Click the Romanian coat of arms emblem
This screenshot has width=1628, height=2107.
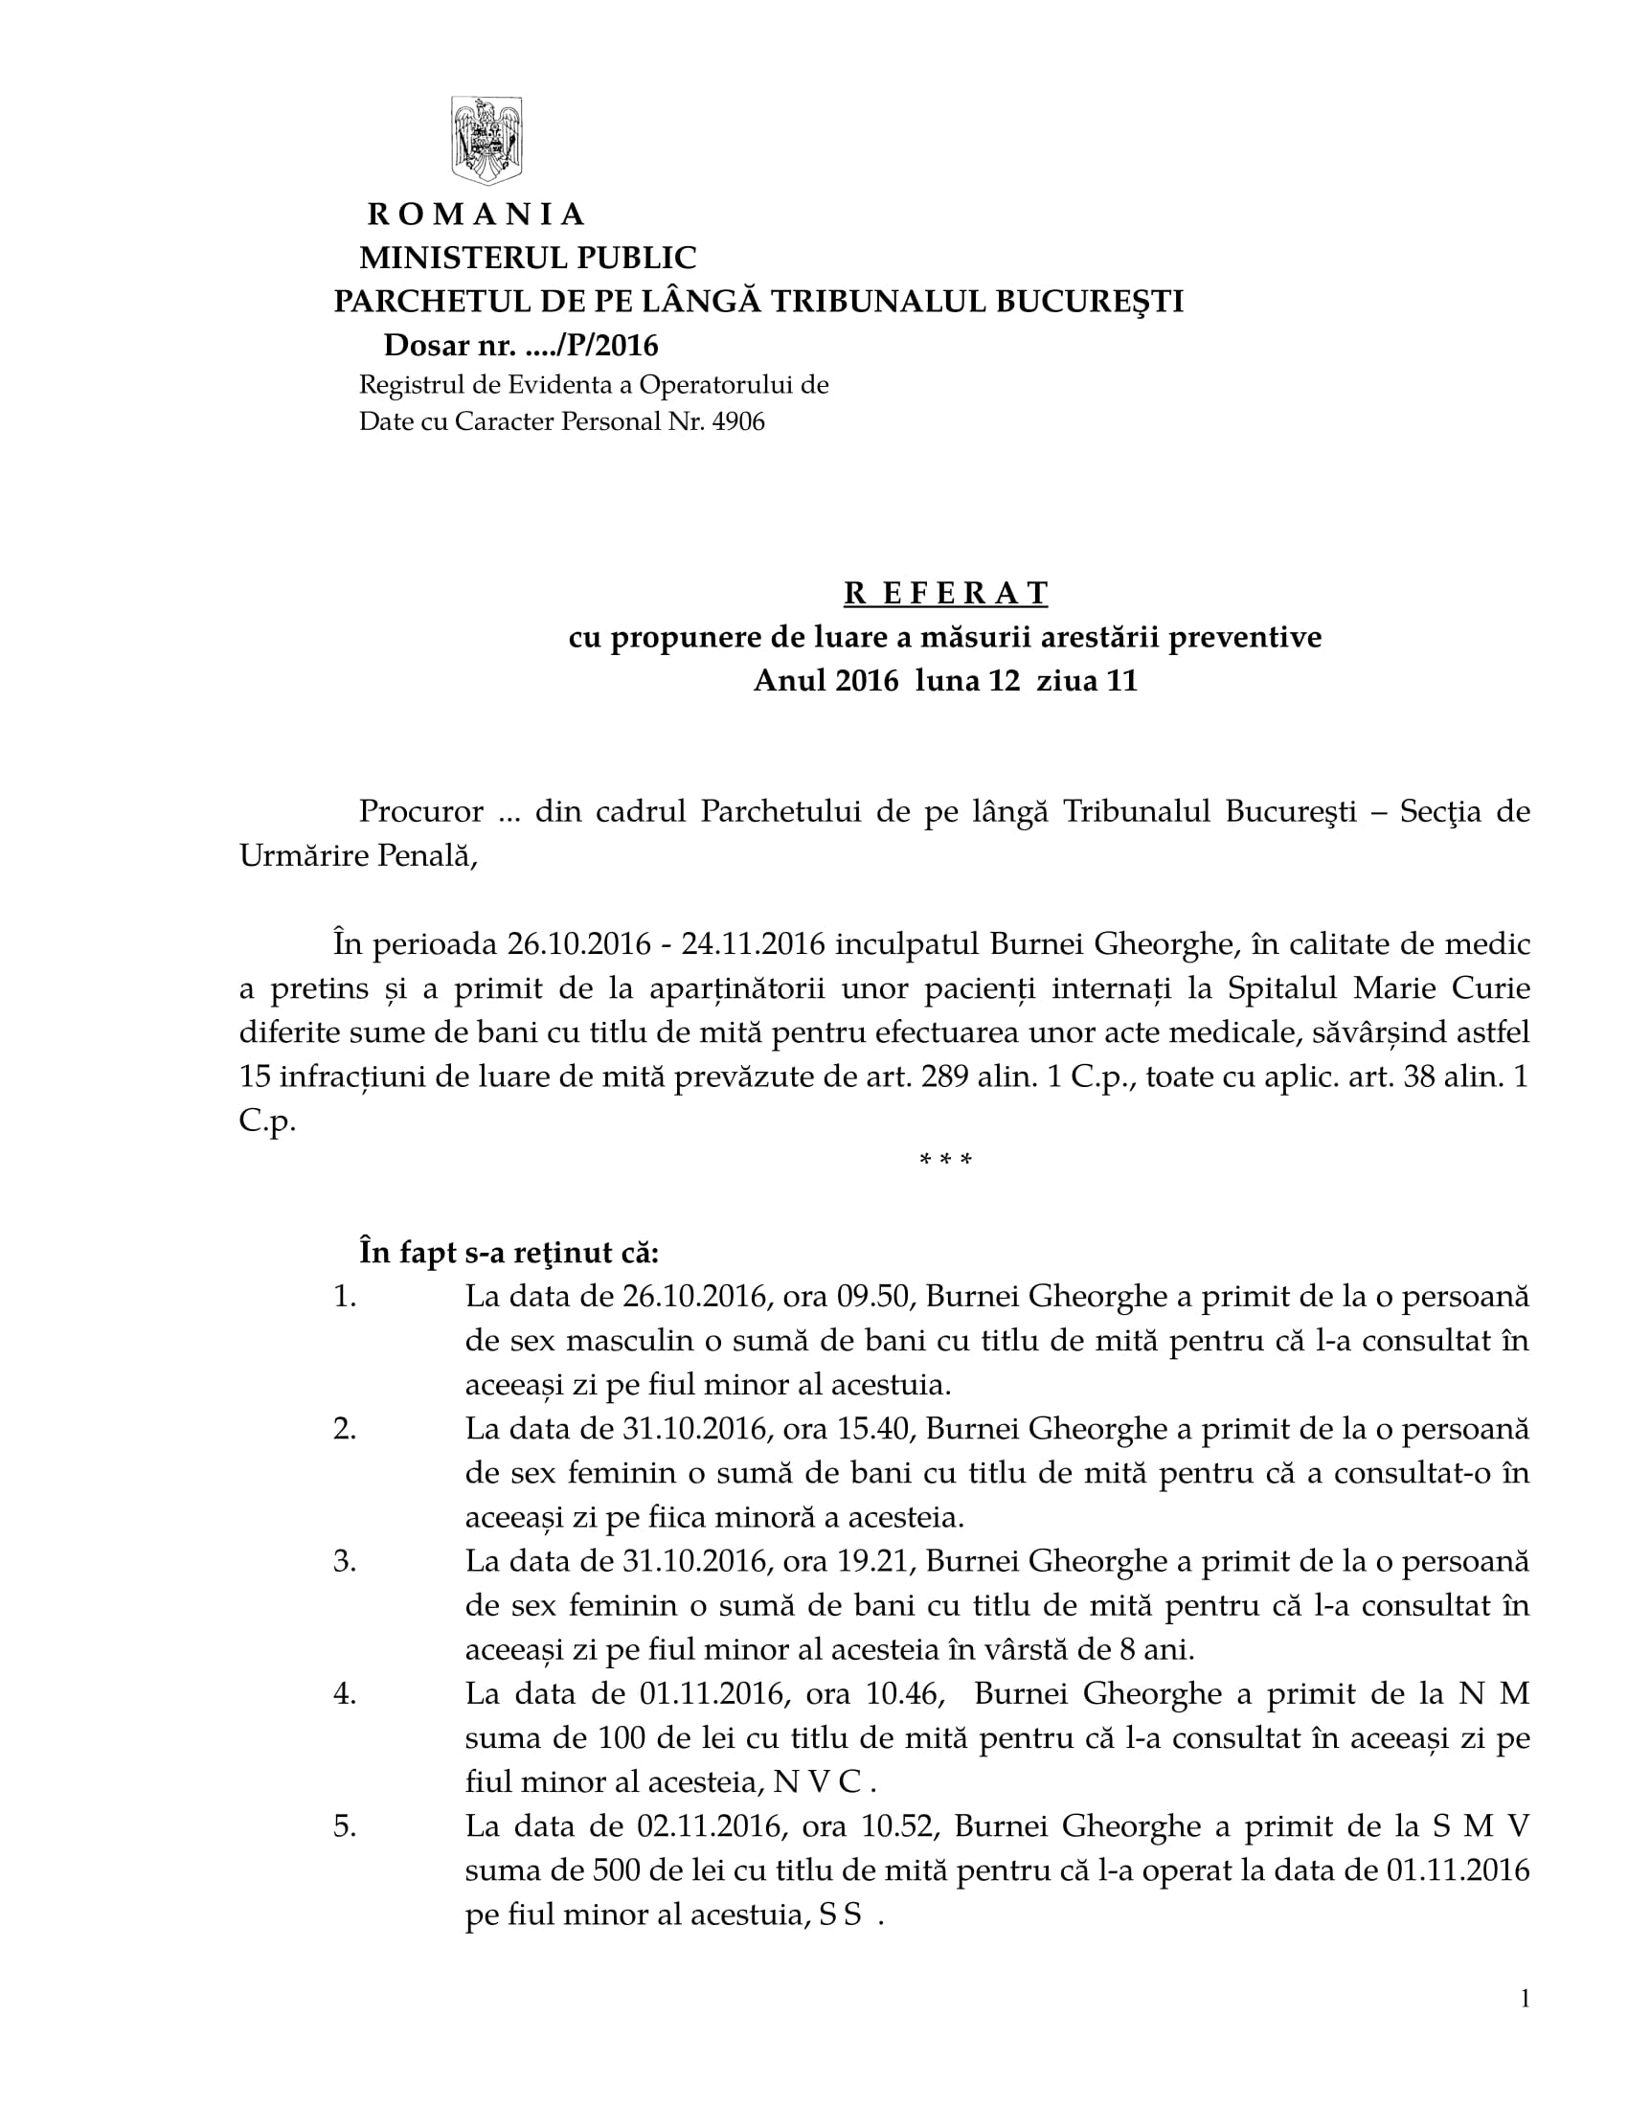487,140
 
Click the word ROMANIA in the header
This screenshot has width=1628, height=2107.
476,215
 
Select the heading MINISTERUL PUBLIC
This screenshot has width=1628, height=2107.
528,258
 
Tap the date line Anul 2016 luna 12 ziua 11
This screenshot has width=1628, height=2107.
945,681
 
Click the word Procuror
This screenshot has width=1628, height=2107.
420,811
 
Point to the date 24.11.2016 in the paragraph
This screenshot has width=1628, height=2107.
754,943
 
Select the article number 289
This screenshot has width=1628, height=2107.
944,1076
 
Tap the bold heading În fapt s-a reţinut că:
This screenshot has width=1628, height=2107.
509,1254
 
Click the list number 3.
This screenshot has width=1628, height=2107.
345,1562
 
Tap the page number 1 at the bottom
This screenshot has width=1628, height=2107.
1525,2000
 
